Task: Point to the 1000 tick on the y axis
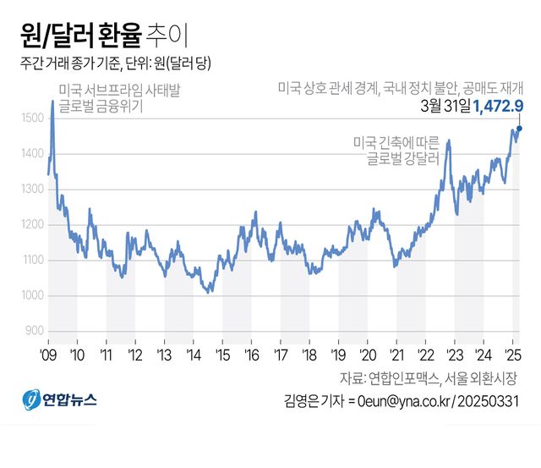point(31,295)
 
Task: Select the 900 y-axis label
point(33,330)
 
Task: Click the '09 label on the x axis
point(48,353)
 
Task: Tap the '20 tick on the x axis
point(367,353)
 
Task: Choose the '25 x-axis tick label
point(511,353)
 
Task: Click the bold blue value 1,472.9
point(499,105)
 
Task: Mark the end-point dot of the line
point(520,129)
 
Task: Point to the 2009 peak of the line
point(52,102)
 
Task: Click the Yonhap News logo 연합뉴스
point(59,398)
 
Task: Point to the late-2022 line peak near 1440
point(448,141)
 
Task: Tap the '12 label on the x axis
point(135,353)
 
